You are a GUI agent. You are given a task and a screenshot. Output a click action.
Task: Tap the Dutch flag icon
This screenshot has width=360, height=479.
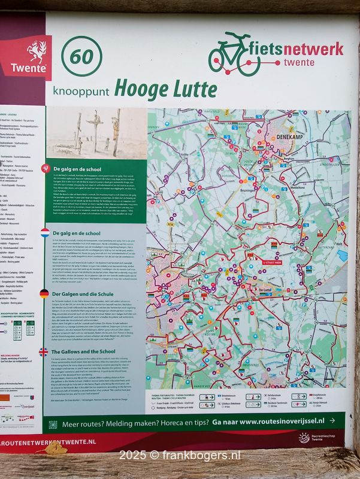point(45,232)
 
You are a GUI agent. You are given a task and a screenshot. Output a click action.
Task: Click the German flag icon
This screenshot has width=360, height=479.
point(45,293)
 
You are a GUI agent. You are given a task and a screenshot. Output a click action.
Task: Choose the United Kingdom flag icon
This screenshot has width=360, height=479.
point(44,352)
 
